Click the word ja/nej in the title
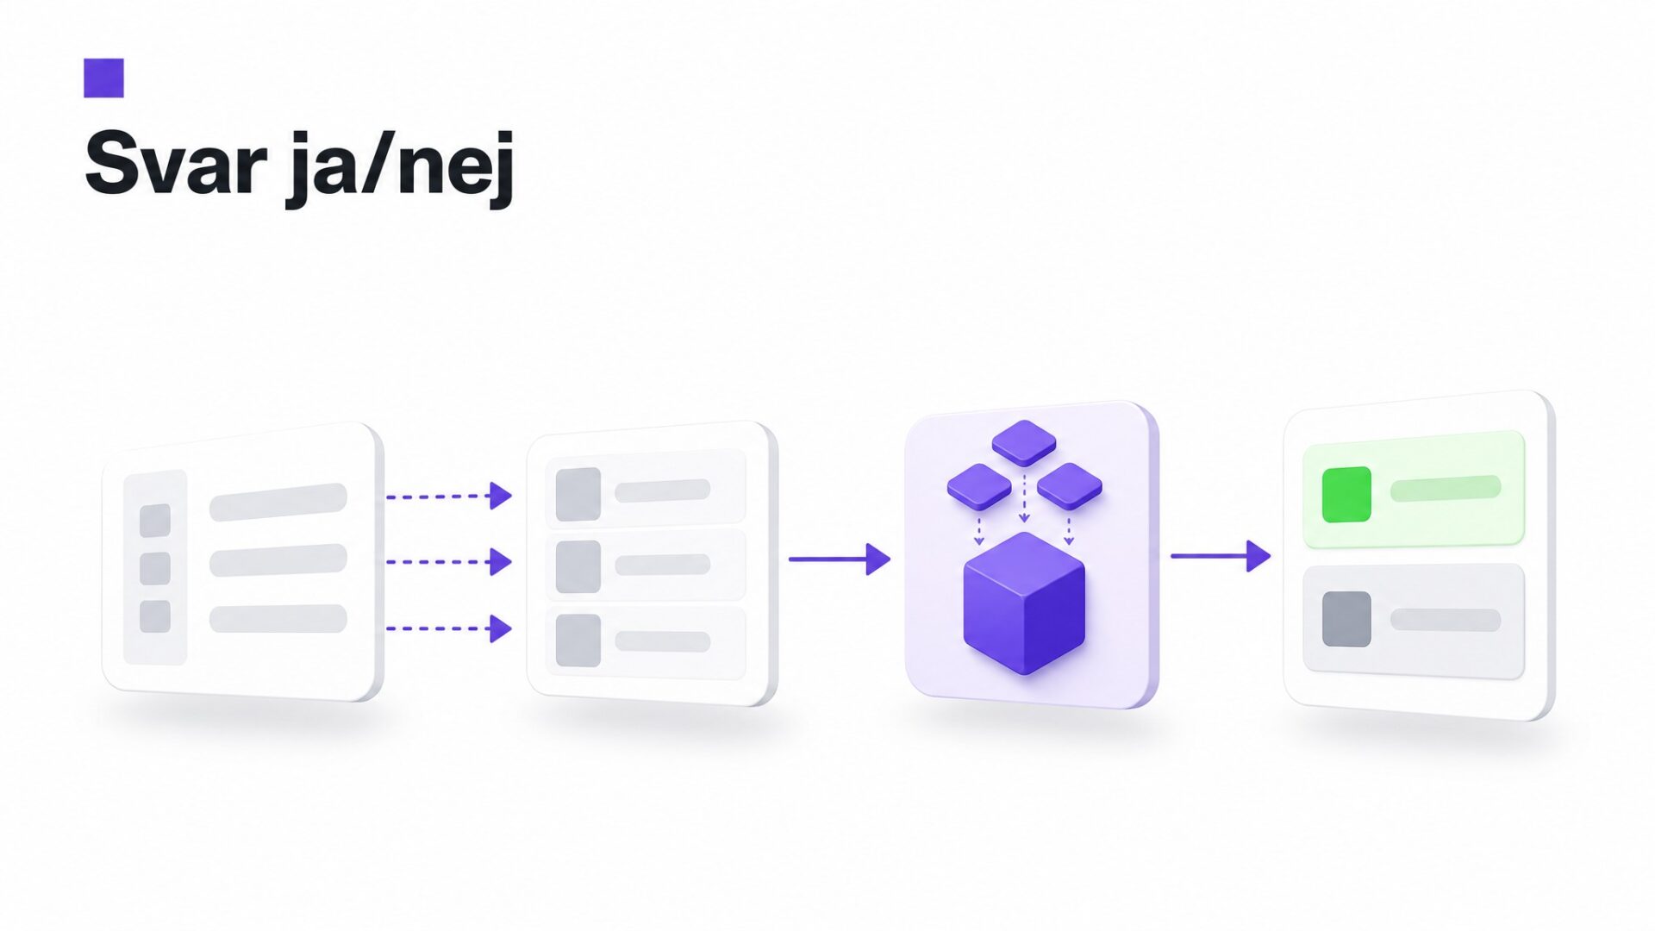[x=401, y=168]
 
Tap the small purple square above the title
[x=103, y=78]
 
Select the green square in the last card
[x=1346, y=495]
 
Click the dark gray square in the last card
[x=1346, y=619]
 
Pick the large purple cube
[x=1024, y=603]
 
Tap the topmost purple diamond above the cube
[x=1024, y=442]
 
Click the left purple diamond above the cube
[x=979, y=486]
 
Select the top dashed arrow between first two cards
[x=449, y=496]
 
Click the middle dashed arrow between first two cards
[x=449, y=562]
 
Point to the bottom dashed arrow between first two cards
[x=449, y=628]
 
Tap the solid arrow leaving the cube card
[x=1221, y=556]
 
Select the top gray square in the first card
[x=155, y=521]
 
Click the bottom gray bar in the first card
[x=278, y=619]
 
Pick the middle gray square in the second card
[x=578, y=566]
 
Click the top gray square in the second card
[x=578, y=494]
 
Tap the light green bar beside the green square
[x=1446, y=488]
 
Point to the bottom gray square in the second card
[x=578, y=640]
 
